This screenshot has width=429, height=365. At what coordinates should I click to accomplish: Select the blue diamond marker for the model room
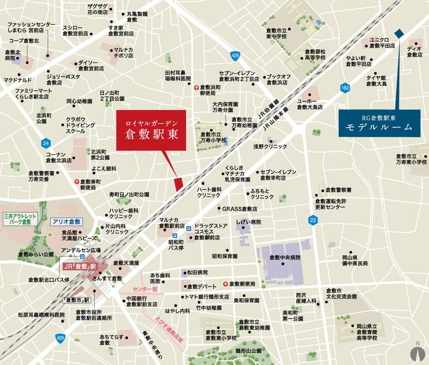(399, 33)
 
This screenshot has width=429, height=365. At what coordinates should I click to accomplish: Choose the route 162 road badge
(345, 87)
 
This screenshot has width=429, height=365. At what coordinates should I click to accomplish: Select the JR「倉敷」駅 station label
(80, 267)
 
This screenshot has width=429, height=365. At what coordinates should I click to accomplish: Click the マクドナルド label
(18, 80)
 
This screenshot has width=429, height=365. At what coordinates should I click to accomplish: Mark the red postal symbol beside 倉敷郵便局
(224, 284)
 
